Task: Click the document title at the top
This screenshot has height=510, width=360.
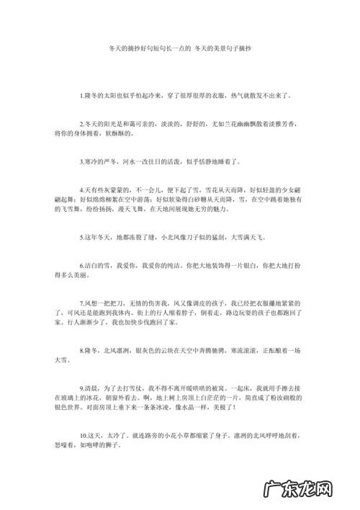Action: (180, 53)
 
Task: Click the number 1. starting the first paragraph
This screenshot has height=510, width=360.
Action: (82, 95)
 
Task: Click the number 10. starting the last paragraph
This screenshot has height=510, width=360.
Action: (84, 436)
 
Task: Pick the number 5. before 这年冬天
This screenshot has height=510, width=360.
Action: (82, 235)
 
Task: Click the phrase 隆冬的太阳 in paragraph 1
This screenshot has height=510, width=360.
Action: (101, 95)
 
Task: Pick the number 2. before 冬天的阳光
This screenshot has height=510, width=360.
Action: (82, 125)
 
